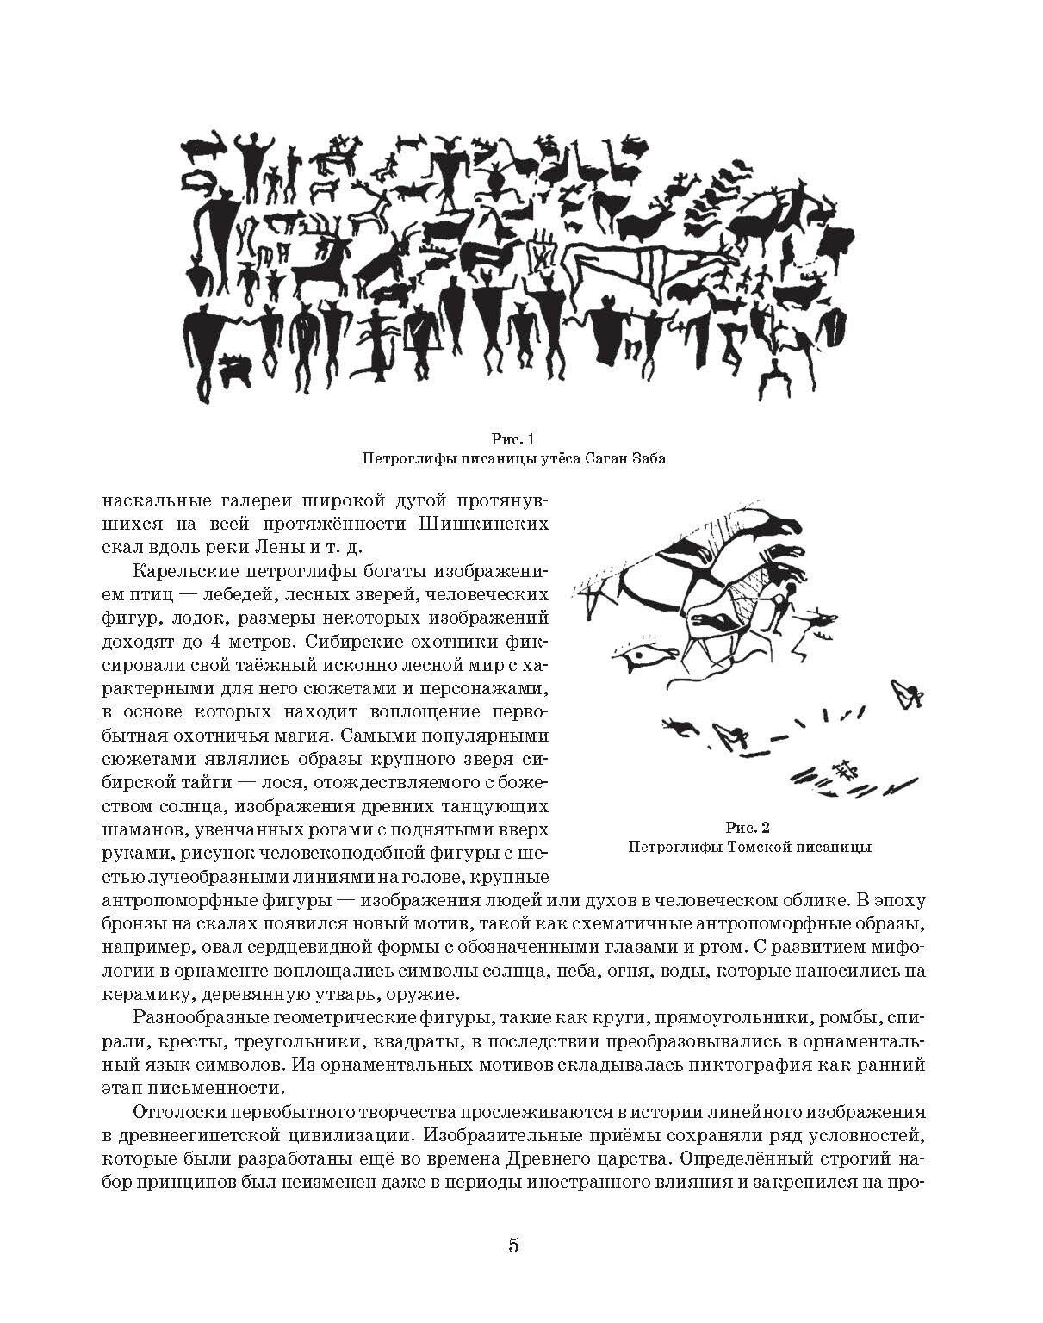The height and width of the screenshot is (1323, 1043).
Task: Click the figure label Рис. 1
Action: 515,439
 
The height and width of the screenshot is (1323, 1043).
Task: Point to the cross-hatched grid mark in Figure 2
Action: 843,768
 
